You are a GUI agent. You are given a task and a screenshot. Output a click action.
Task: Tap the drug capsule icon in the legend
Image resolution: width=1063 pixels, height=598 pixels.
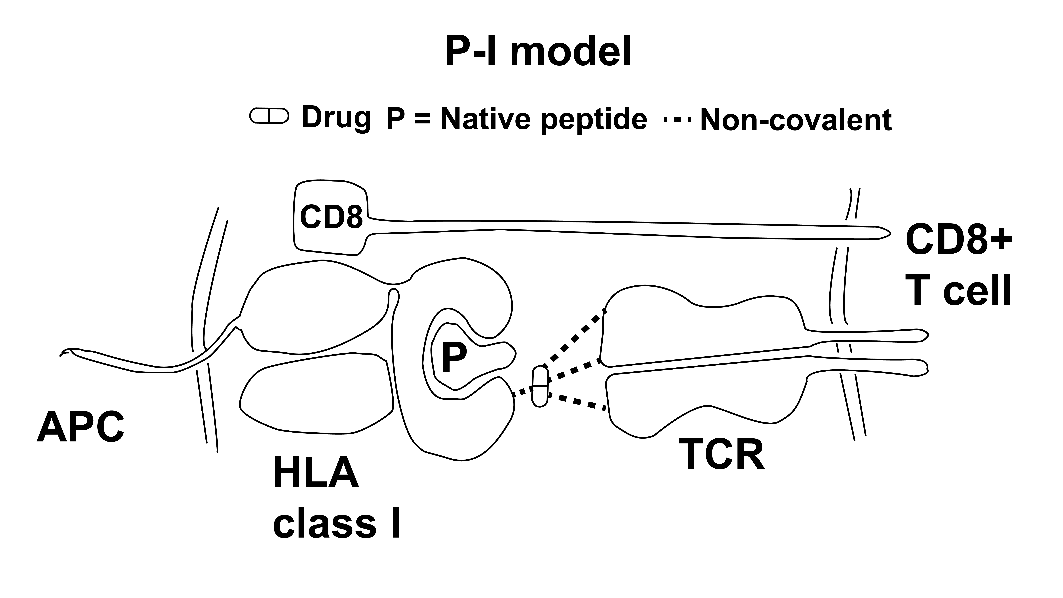pos(269,116)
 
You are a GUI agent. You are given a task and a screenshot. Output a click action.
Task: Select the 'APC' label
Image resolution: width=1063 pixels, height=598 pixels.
pos(81,427)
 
